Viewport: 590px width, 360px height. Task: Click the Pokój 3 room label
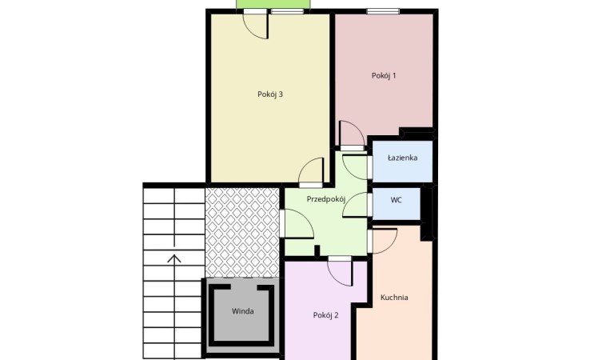[269, 94]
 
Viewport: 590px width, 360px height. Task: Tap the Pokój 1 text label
[384, 75]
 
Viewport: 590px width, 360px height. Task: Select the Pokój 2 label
[325, 315]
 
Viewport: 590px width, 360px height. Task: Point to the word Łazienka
[402, 158]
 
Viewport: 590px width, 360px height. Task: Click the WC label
[396, 200]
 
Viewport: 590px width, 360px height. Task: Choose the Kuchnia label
[394, 297]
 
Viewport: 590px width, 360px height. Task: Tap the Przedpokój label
[326, 199]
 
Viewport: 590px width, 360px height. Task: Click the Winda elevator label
[242, 311]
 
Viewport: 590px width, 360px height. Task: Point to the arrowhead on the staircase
[174, 258]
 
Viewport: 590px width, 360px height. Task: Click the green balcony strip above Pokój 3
[273, 4]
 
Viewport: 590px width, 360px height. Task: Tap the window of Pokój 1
[383, 11]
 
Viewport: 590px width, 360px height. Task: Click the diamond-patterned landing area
[242, 232]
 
